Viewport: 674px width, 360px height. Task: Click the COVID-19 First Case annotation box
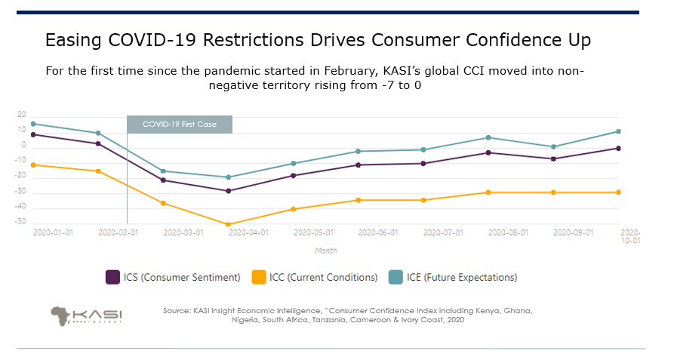(179, 124)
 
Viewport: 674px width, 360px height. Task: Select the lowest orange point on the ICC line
(228, 224)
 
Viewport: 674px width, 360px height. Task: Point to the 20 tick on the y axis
(22, 115)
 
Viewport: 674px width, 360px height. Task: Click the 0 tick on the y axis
(23, 146)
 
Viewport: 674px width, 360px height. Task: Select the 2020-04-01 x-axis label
(248, 233)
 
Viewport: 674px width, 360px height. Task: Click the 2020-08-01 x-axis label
(509, 233)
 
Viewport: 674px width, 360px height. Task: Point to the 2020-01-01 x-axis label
(53, 233)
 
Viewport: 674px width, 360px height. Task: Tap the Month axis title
(326, 251)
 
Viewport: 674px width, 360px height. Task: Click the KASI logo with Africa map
(87, 315)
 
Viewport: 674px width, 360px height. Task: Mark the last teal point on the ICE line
(618, 131)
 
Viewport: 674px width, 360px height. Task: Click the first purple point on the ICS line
(33, 134)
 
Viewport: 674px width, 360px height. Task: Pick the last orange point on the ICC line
(618, 192)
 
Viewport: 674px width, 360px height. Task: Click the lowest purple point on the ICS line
(228, 191)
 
